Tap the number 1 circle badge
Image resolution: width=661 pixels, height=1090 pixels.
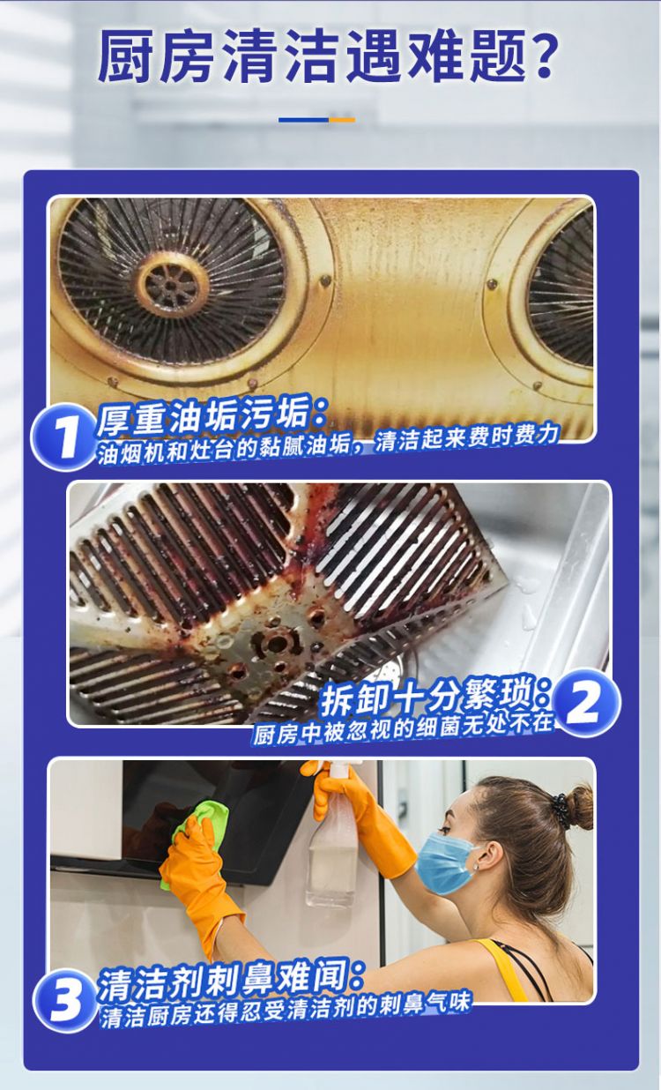64,436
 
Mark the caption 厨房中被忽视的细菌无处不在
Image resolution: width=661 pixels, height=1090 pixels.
405,731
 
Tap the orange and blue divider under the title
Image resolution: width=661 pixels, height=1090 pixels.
317,120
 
